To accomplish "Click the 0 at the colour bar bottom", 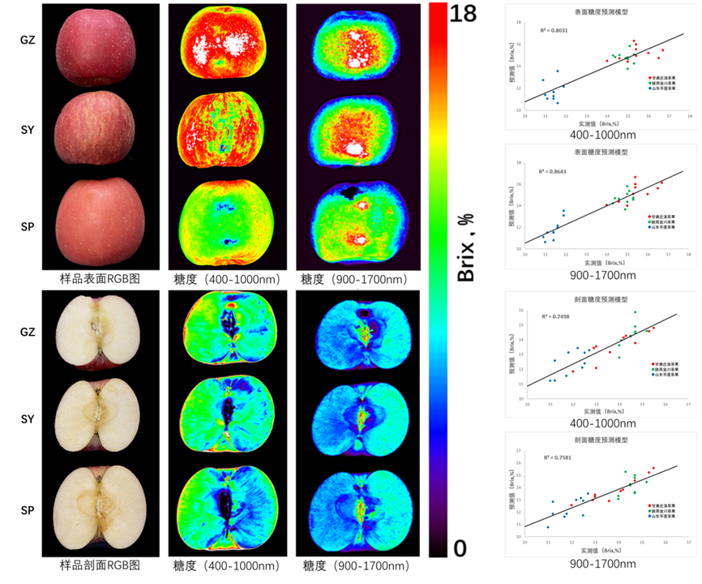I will (x=460, y=549).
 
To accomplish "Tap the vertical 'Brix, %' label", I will (x=466, y=243).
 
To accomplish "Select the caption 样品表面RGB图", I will (x=100, y=277).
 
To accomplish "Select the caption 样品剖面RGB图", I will (x=100, y=565).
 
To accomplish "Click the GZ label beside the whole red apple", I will (x=28, y=38).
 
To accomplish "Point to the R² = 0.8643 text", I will (x=551, y=172).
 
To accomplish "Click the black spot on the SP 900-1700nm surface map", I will (x=351, y=191).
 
